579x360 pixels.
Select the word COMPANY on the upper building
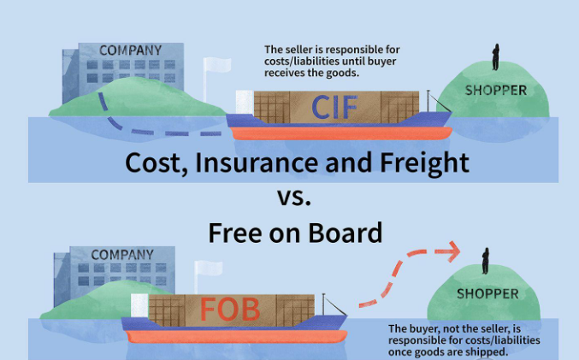click(129, 50)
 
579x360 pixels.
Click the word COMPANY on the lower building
click(121, 255)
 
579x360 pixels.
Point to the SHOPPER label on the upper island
click(495, 90)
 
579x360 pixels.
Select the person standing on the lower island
click(485, 259)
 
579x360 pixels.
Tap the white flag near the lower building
click(205, 269)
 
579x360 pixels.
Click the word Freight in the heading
click(422, 162)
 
